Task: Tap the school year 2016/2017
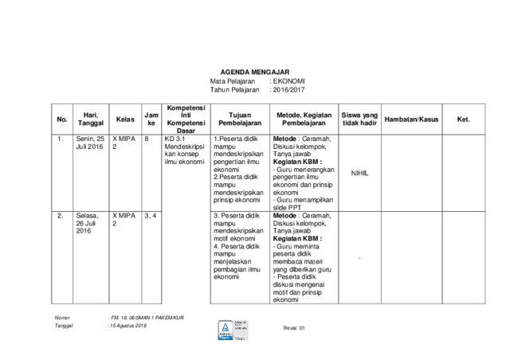[290, 90]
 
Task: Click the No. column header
[62, 119]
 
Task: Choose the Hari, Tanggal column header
[90, 119]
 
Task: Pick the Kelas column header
[124, 119]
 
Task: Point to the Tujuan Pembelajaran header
[238, 119]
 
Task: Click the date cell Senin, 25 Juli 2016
[90, 143]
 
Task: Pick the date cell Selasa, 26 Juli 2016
[88, 222]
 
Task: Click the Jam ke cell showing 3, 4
[150, 215]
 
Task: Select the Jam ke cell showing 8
[147, 139]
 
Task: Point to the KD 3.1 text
[175, 139]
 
